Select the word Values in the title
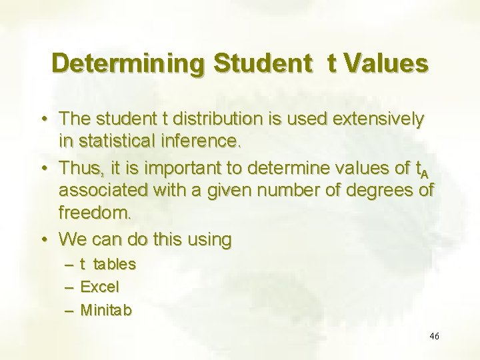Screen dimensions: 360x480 click(386, 64)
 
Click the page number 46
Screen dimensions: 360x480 click(435, 337)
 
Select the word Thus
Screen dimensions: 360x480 click(77, 167)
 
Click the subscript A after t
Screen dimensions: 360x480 click(425, 173)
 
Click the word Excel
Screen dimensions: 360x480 click(99, 287)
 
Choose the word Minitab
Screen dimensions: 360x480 click(106, 310)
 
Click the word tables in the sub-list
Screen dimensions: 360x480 click(114, 265)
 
